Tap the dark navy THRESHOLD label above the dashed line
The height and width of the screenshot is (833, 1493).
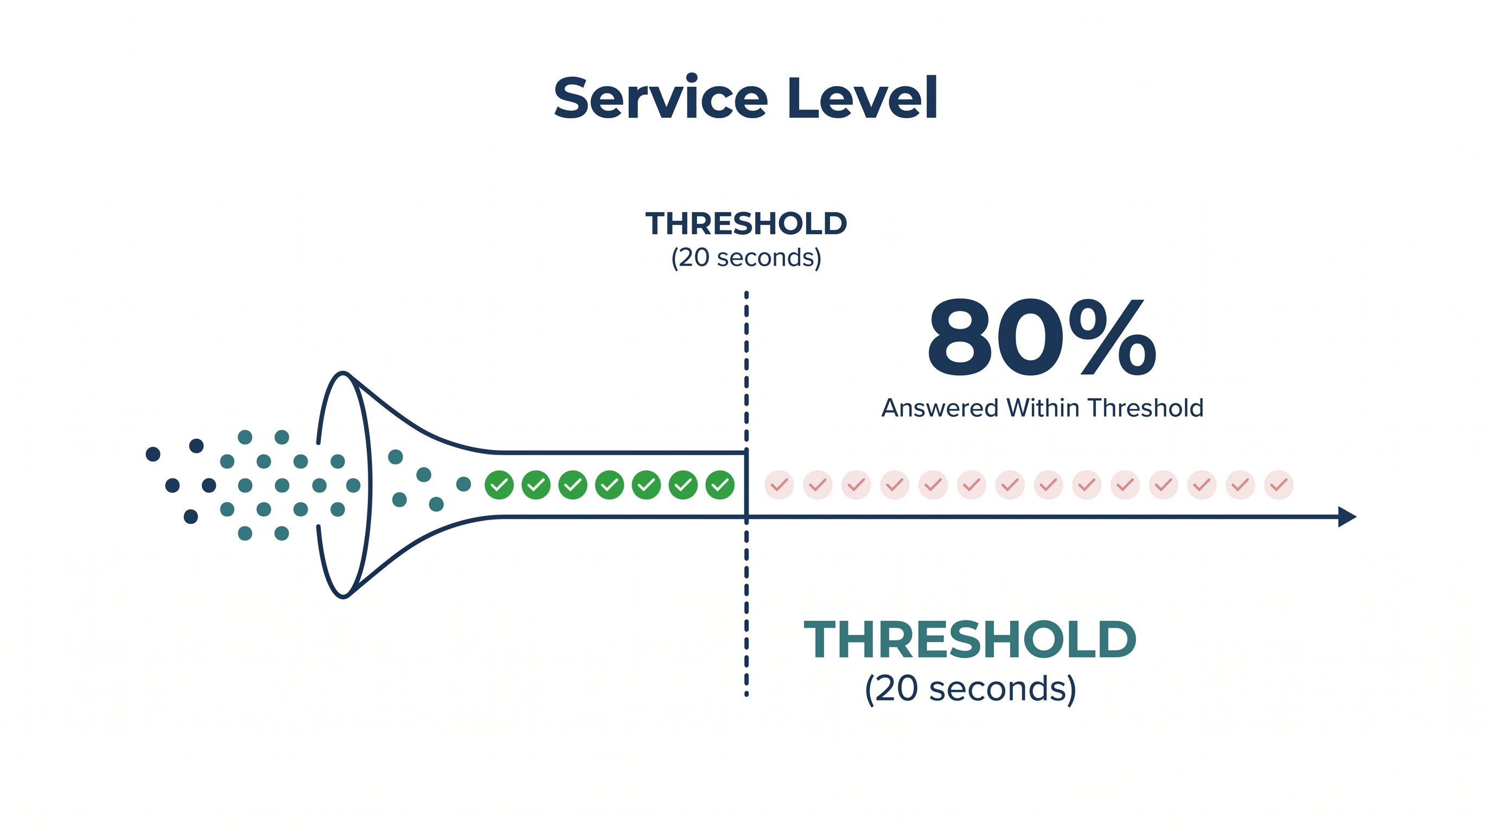coord(746,223)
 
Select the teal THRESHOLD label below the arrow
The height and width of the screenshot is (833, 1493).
coord(969,639)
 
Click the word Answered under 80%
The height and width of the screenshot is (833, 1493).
coord(940,408)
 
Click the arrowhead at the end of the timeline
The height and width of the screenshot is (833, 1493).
coord(1347,516)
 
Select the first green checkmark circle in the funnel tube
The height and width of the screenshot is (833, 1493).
coord(499,485)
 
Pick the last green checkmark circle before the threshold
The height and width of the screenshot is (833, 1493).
coord(720,485)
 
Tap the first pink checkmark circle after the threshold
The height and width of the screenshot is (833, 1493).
coord(779,485)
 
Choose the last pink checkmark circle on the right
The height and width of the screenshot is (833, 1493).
coord(1279,485)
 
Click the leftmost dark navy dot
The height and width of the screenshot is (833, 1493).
coord(153,454)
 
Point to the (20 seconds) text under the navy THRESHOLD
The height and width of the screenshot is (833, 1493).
coord(746,258)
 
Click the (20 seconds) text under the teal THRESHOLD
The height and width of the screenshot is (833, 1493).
coord(970,689)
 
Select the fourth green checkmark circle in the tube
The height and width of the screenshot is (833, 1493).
coord(610,485)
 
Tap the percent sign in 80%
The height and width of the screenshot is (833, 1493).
coord(1113,337)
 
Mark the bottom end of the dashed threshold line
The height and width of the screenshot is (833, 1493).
coord(746,694)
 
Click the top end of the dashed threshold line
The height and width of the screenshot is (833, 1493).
coord(746,293)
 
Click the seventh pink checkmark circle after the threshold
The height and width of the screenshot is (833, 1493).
coord(1010,485)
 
